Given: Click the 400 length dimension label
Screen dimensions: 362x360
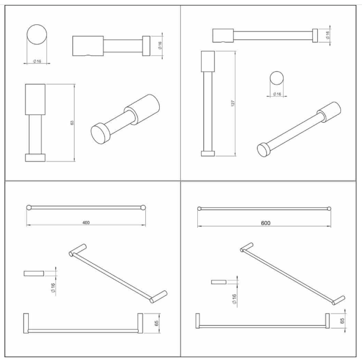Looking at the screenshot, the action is click(86, 222).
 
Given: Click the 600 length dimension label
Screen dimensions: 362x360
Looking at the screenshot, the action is click(265, 223).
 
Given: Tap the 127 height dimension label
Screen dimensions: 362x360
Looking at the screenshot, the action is click(233, 103).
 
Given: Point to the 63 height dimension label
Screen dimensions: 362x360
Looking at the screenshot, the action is click(72, 122).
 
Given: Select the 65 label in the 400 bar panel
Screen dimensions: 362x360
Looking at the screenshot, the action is click(156, 323).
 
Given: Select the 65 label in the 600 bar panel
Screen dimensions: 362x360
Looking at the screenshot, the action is click(342, 321).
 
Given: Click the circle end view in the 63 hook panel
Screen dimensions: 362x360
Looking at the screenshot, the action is click(36, 34).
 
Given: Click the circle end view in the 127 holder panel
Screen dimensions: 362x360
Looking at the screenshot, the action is click(276, 78).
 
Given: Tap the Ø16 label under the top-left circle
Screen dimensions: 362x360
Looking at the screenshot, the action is click(37, 61).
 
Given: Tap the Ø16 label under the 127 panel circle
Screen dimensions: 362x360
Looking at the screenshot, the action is click(277, 94).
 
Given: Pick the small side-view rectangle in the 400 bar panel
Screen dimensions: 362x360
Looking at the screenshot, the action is click(34, 273).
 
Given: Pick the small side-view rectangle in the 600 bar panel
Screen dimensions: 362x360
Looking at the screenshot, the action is click(219, 282).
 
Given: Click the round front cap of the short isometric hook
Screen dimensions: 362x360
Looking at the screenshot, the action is click(100, 134).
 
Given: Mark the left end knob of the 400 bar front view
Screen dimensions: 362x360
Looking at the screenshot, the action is click(29, 207).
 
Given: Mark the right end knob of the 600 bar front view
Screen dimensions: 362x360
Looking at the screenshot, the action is click(329, 209).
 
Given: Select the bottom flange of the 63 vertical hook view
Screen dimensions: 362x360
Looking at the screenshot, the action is click(35, 158).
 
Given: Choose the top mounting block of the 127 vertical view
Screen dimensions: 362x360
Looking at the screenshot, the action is click(208, 61).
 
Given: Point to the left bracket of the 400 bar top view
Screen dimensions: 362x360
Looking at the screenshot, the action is click(26, 324).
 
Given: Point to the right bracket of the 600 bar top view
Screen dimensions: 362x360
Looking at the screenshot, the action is click(327, 321).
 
